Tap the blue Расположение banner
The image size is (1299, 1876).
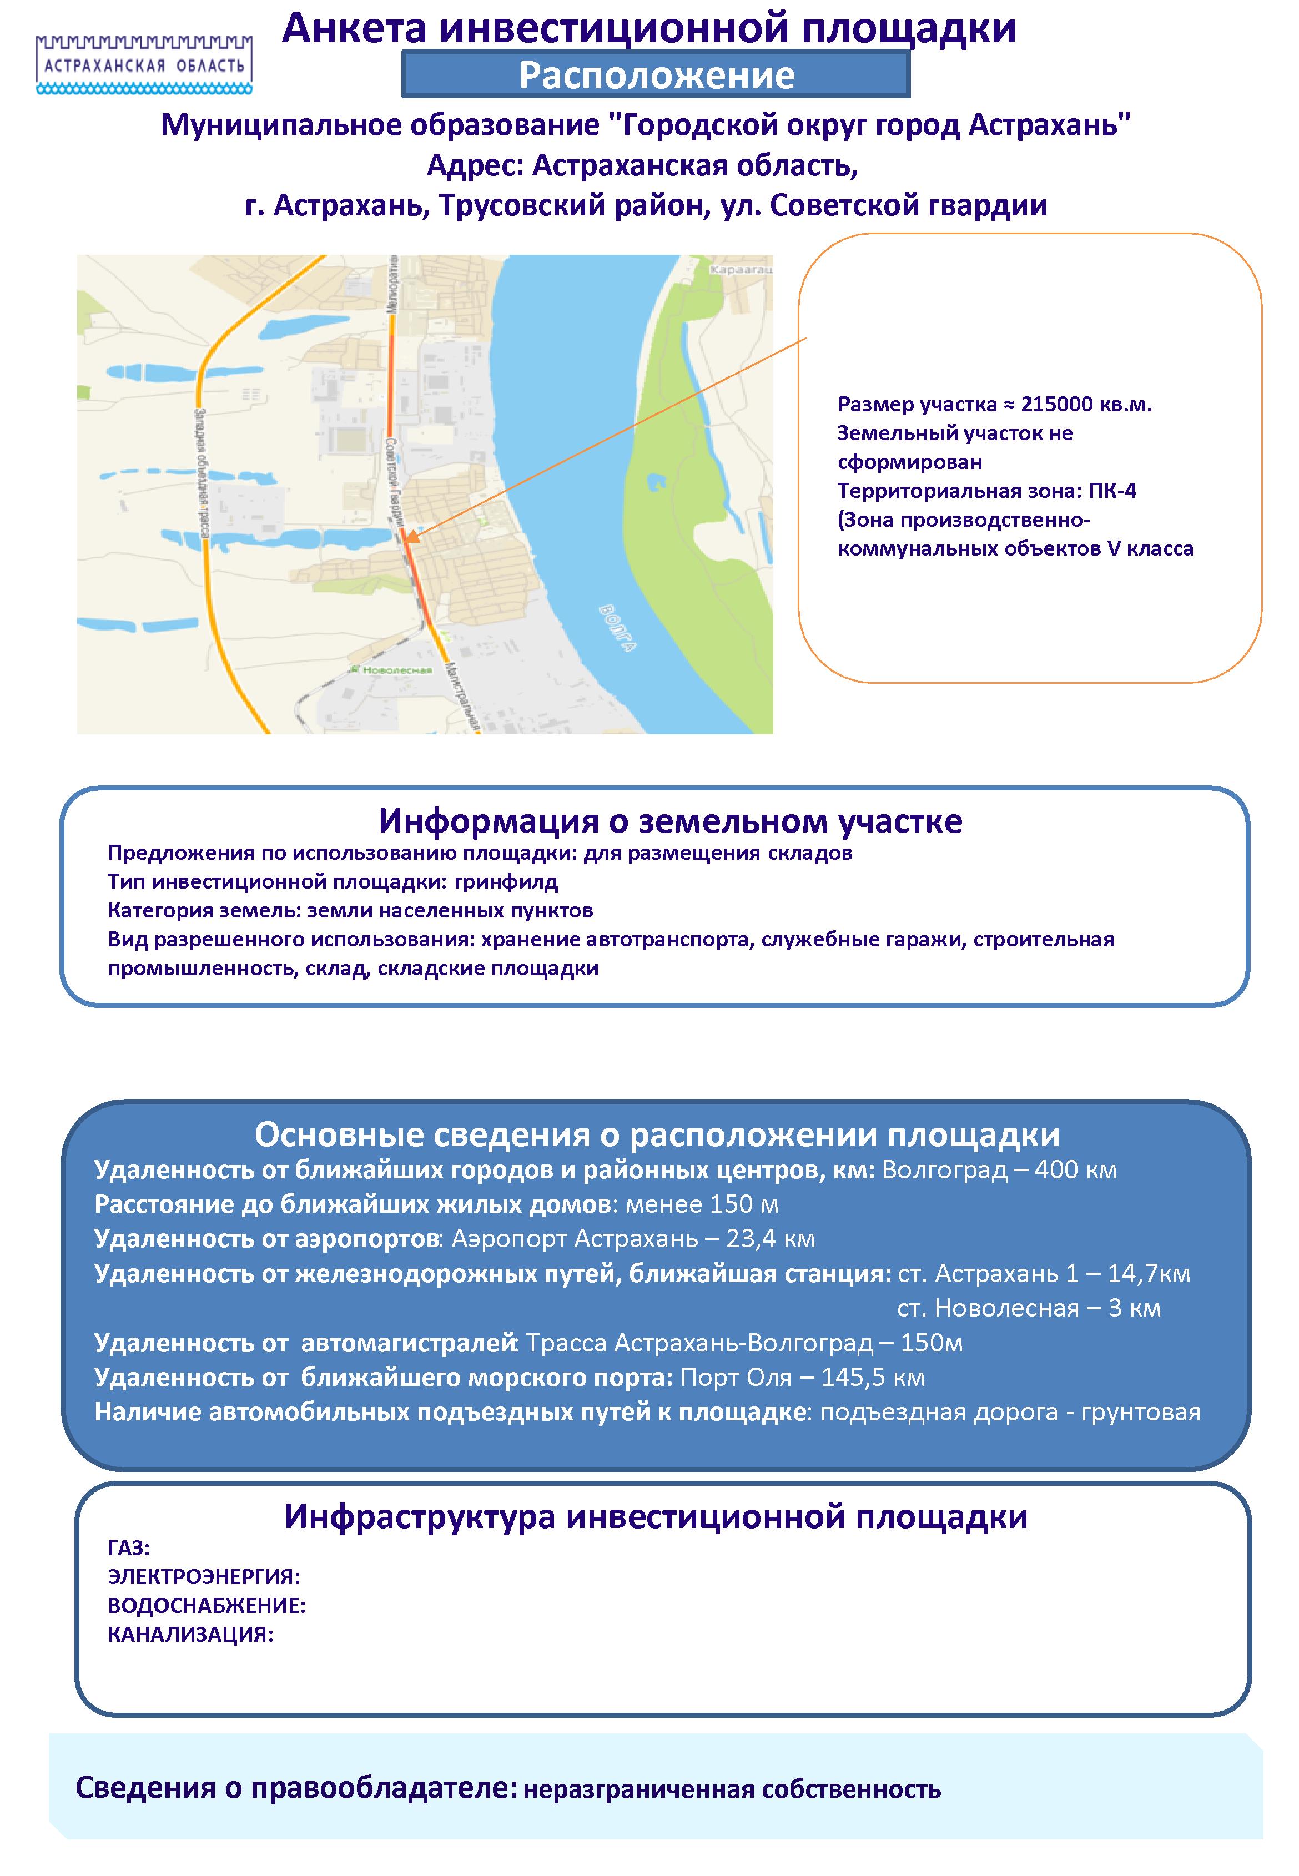point(656,75)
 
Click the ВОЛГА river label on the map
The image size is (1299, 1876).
point(616,627)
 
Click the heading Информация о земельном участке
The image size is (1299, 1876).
point(670,821)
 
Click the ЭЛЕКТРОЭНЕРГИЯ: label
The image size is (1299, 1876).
point(204,1577)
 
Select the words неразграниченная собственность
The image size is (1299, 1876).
point(732,1789)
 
